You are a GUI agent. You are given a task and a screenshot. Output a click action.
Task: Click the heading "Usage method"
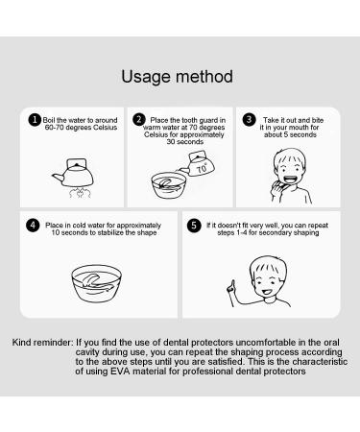point(180,76)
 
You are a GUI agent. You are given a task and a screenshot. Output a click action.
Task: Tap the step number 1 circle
point(35,120)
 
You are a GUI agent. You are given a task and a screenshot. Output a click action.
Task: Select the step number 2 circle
point(140,120)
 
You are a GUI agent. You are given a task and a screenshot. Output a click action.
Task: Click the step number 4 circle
point(35,227)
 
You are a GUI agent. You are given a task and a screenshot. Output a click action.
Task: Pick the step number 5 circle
point(197,227)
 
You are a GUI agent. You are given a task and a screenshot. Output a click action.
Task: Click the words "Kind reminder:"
point(41,343)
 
